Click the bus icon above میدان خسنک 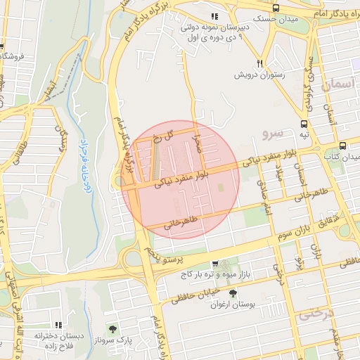point(275,8)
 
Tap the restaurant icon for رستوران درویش point(260,63)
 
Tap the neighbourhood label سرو point(271,131)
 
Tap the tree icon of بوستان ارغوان point(233,294)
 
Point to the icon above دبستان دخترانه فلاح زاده point(58,324)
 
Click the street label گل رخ point(160,136)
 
